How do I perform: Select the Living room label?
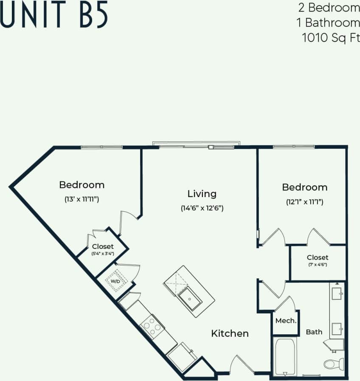(x=202, y=194)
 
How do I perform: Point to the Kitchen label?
(x=230, y=333)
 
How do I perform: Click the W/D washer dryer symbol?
(x=115, y=281)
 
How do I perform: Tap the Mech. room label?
(x=286, y=321)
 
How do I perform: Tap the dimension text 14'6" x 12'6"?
(x=202, y=208)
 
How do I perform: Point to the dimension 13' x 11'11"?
(x=82, y=199)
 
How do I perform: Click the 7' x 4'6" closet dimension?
(x=318, y=265)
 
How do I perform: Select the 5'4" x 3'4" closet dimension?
(x=103, y=254)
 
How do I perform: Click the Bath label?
(x=314, y=332)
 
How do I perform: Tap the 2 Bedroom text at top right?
(x=327, y=8)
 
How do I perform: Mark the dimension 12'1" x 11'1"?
(x=304, y=202)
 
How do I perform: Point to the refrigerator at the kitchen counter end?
(x=182, y=356)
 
